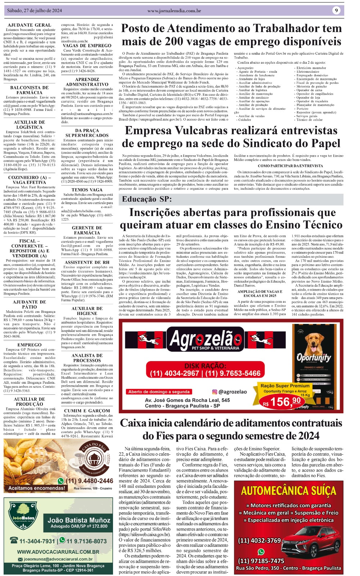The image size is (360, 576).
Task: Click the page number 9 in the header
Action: pyautogui.click(x=336, y=10)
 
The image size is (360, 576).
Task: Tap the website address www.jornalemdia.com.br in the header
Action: pyautogui.click(x=174, y=11)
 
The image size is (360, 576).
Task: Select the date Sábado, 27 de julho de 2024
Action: pyautogui.click(x=35, y=11)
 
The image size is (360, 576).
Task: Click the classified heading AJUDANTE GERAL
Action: pyautogui.click(x=30, y=25)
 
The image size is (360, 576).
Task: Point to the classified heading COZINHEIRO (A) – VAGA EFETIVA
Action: pyautogui.click(x=30, y=180)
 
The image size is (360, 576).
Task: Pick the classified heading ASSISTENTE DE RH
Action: pyautogui.click(x=87, y=262)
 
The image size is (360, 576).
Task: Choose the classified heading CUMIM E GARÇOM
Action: pyautogui.click(x=87, y=410)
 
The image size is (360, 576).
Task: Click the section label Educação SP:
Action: pyautogui.click(x=147, y=199)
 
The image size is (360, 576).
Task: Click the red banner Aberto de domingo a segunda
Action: pyautogui.click(x=159, y=392)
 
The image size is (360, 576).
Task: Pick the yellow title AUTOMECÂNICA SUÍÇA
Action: pyautogui.click(x=288, y=491)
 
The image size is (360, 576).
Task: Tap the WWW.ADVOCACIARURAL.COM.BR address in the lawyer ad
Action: pyautogui.click(x=58, y=552)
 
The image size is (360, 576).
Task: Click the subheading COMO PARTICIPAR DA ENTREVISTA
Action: pyautogui.click(x=291, y=166)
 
